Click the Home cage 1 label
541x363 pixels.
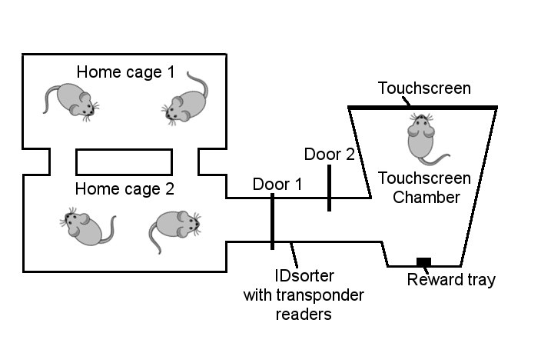point(125,72)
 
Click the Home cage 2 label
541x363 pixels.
point(125,188)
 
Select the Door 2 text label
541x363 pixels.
point(330,154)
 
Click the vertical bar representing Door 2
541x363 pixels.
point(329,187)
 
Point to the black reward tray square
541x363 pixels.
point(423,261)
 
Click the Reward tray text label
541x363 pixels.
point(451,280)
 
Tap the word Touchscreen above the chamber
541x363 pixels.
point(424,88)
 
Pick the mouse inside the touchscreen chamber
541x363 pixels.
point(421,136)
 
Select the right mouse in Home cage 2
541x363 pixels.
point(174,228)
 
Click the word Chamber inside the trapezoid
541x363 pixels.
point(424,197)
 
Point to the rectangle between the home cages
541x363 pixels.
point(124,162)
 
